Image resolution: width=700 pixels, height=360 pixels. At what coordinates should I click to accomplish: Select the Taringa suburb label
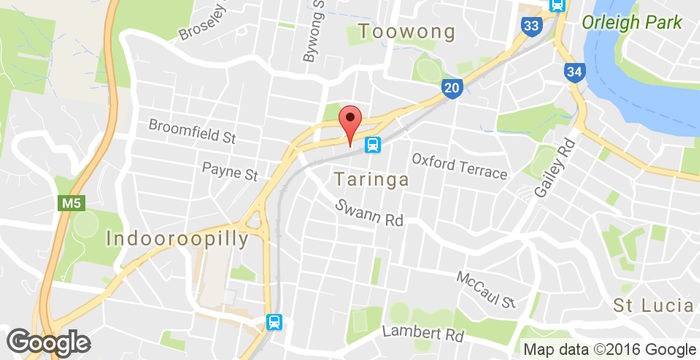[371, 180]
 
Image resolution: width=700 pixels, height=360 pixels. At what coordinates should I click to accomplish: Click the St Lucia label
[653, 304]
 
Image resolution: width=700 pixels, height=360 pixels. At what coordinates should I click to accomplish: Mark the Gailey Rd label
[557, 168]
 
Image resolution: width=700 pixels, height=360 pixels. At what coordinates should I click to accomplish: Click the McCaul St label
[486, 289]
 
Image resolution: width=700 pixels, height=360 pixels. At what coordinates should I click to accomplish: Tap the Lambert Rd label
[424, 333]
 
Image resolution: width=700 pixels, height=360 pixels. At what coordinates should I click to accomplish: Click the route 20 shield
[450, 90]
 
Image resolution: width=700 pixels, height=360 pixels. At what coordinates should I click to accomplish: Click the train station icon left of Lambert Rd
[272, 322]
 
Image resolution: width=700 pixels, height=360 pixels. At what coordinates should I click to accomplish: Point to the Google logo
[47, 342]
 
